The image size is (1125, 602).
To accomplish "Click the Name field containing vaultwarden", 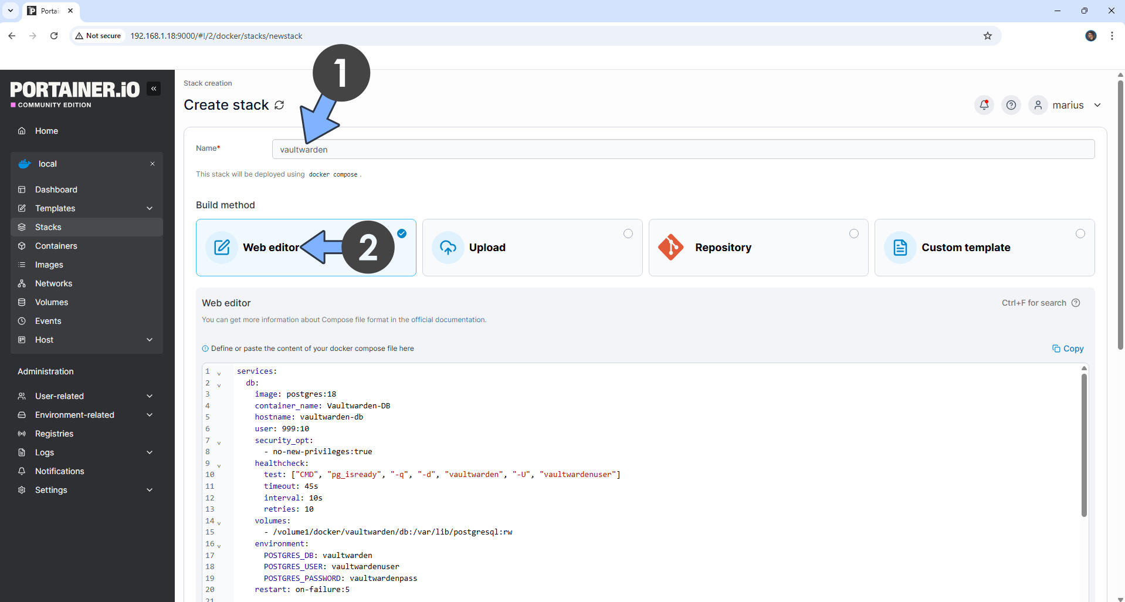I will click(683, 150).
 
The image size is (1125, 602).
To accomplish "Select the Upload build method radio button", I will click(628, 234).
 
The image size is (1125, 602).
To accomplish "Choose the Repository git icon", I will click(671, 248).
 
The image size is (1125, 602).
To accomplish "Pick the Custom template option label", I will click(965, 248).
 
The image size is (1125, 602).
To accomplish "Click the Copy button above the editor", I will click(1068, 349).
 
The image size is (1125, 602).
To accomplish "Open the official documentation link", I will click(448, 320).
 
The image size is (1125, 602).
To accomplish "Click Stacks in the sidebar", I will click(48, 227).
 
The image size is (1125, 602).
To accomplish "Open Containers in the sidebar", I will click(56, 246).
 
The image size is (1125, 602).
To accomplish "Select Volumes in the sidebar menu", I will click(52, 302).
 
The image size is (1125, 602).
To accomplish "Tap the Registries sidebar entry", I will click(54, 434).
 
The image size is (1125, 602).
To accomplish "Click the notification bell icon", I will click(984, 105).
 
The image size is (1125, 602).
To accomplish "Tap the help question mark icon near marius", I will click(1011, 105).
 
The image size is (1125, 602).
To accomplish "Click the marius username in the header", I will click(1068, 105).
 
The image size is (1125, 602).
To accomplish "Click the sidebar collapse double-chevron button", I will click(154, 89).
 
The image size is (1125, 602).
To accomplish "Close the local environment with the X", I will click(153, 164).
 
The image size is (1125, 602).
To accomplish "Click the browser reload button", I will click(54, 36).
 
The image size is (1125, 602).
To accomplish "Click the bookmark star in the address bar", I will click(988, 36).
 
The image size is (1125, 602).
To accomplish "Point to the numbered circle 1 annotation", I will click(341, 73).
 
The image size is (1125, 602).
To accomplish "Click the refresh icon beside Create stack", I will click(279, 105).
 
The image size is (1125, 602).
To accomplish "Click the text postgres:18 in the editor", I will click(311, 394).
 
